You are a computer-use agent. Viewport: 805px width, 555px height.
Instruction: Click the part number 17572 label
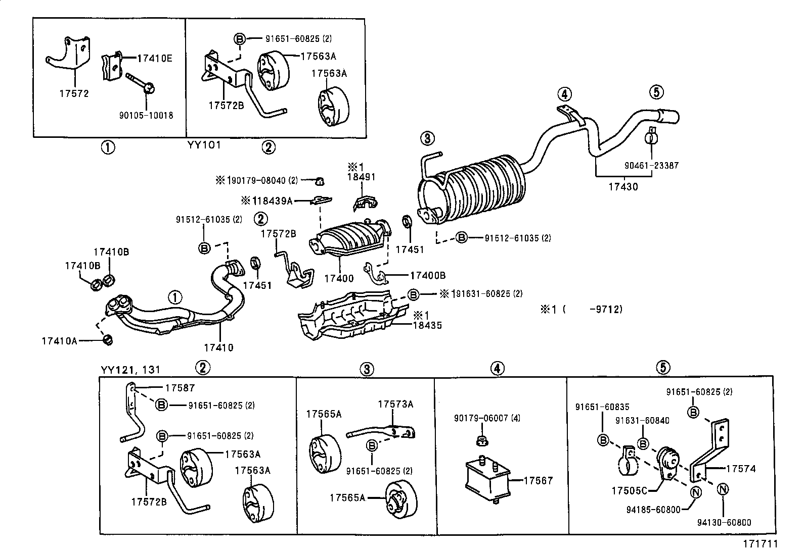click(x=74, y=93)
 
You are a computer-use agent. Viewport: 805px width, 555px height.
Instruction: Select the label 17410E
click(x=155, y=58)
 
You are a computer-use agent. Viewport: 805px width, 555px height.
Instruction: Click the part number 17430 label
click(x=623, y=186)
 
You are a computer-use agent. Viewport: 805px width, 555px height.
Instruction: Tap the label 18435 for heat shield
click(x=427, y=325)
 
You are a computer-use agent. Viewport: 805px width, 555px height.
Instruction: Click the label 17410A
click(x=59, y=341)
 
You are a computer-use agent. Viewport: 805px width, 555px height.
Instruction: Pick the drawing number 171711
click(x=759, y=544)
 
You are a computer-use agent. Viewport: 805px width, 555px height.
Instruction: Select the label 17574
click(x=741, y=469)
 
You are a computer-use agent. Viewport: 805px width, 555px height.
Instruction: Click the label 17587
click(x=180, y=388)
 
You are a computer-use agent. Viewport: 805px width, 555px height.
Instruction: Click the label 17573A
click(x=395, y=404)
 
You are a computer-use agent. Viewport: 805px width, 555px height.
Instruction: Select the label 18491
click(x=361, y=177)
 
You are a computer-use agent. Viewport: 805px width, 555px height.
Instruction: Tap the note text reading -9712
click(x=606, y=309)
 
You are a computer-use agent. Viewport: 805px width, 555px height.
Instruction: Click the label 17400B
click(x=428, y=275)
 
